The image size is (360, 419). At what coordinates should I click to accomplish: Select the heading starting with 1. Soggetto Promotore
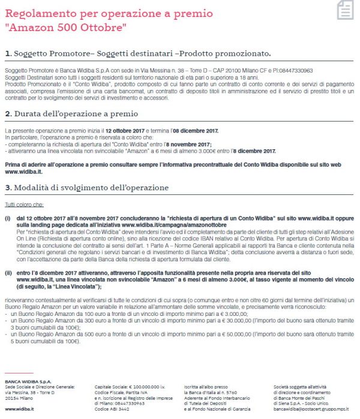click(137, 54)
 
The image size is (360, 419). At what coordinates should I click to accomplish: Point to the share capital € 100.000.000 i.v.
click(126, 387)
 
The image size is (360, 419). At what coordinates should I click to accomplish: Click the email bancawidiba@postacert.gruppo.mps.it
click(310, 409)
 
